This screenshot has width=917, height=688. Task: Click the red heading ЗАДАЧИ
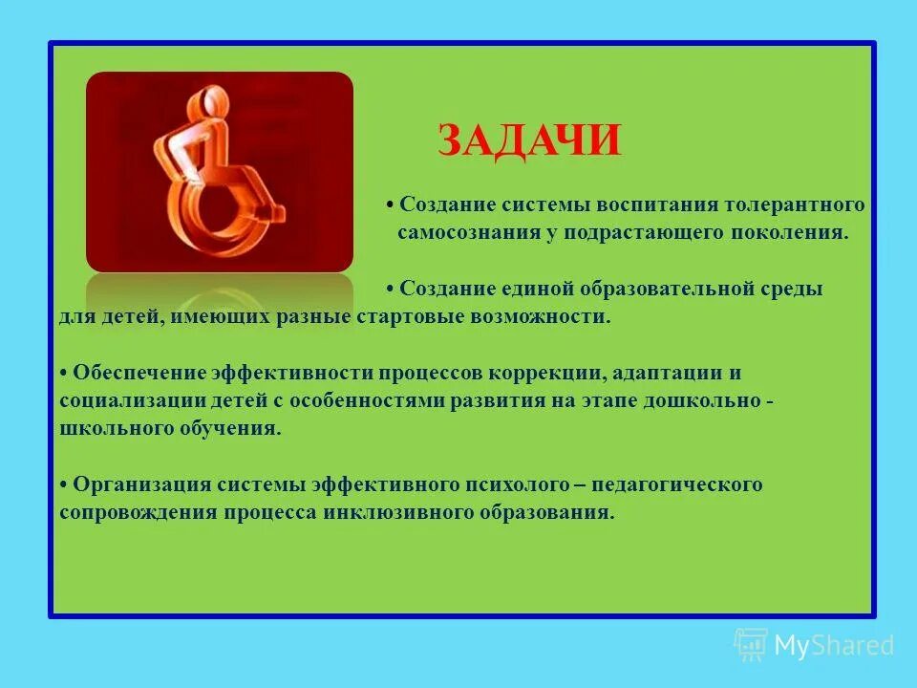tap(529, 140)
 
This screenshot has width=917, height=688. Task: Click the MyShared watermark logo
tap(815, 645)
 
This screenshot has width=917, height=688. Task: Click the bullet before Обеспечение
tap(63, 374)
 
